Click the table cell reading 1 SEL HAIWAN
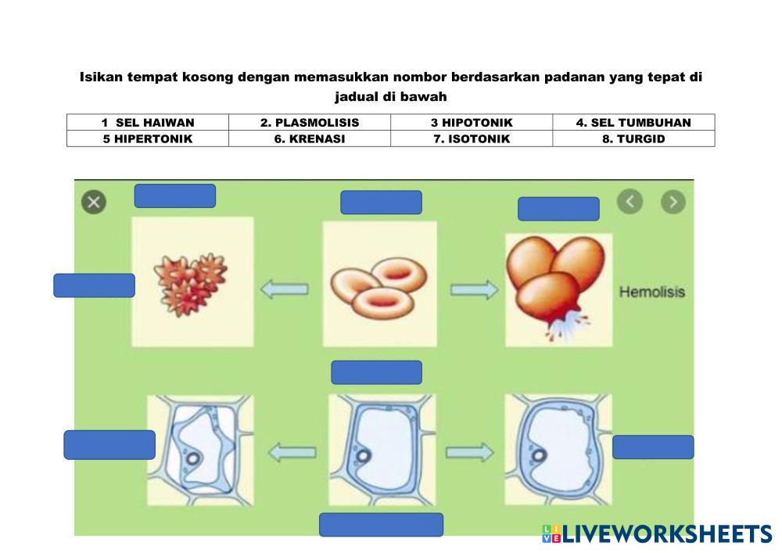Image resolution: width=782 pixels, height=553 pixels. point(148,122)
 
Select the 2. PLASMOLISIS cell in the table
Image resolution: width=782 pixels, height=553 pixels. point(310,122)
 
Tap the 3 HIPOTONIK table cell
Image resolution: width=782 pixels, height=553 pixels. point(472,122)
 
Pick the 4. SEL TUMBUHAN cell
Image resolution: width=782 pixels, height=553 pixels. point(633,122)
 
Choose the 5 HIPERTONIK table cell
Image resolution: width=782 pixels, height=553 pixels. point(148,138)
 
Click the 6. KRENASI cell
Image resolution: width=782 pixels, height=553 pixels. point(310,138)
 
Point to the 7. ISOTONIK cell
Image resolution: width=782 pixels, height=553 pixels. point(472,138)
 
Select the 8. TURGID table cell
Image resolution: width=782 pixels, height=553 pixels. point(633,138)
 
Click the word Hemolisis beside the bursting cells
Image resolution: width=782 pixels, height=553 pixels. point(651,292)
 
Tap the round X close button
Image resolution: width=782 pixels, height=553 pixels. point(94,203)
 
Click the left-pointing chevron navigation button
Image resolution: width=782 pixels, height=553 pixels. point(630,202)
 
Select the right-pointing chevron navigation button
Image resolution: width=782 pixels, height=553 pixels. point(673,202)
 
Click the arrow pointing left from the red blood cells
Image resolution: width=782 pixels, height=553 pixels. point(284,289)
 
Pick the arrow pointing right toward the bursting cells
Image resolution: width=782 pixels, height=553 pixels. point(474,289)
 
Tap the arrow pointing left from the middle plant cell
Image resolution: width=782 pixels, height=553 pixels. point(292,451)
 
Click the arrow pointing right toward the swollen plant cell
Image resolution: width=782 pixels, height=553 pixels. point(470,451)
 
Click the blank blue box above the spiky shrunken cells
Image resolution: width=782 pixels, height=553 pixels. point(174,196)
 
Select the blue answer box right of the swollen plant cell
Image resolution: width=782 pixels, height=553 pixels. point(653,447)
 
